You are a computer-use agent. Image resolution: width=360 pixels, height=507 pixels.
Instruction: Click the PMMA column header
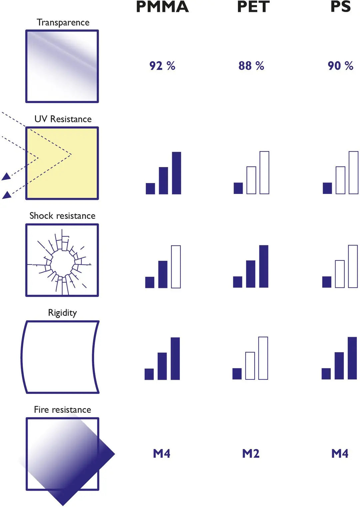tap(162, 7)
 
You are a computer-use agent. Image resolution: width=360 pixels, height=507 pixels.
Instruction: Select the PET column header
tap(253, 7)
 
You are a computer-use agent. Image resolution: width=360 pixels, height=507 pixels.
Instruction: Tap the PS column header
tap(341, 7)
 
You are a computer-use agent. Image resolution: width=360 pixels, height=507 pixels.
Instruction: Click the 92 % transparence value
tap(162, 66)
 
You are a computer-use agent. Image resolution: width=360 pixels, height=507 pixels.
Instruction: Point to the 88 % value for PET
tap(251, 66)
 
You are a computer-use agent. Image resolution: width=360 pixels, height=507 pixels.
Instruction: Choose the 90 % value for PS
tap(340, 66)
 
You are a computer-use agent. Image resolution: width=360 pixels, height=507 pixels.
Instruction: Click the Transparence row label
tap(63, 22)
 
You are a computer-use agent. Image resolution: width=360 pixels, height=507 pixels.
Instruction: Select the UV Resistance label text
tap(63, 119)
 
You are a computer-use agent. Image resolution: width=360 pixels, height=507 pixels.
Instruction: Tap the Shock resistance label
tap(62, 216)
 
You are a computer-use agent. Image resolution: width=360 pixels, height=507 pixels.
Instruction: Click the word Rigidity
tap(62, 312)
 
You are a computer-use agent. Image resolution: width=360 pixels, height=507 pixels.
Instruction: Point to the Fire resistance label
tap(62, 409)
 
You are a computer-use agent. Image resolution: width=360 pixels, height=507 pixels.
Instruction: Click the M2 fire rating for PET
tap(251, 453)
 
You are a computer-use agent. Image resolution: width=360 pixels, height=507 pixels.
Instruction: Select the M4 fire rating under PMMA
tap(162, 453)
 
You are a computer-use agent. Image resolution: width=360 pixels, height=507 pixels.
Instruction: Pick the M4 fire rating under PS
tap(340, 453)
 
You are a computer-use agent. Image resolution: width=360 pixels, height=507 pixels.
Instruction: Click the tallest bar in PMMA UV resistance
tap(176, 173)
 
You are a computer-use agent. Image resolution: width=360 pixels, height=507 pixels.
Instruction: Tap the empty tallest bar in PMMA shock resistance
tap(176, 267)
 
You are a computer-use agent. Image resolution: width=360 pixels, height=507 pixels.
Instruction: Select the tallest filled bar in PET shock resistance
tap(264, 266)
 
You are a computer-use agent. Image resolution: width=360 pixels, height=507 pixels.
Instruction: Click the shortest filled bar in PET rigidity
tap(237, 374)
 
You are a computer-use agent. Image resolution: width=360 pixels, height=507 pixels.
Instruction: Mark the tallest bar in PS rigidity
tap(352, 358)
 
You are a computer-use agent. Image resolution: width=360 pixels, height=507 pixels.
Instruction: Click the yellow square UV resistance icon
tap(62, 163)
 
